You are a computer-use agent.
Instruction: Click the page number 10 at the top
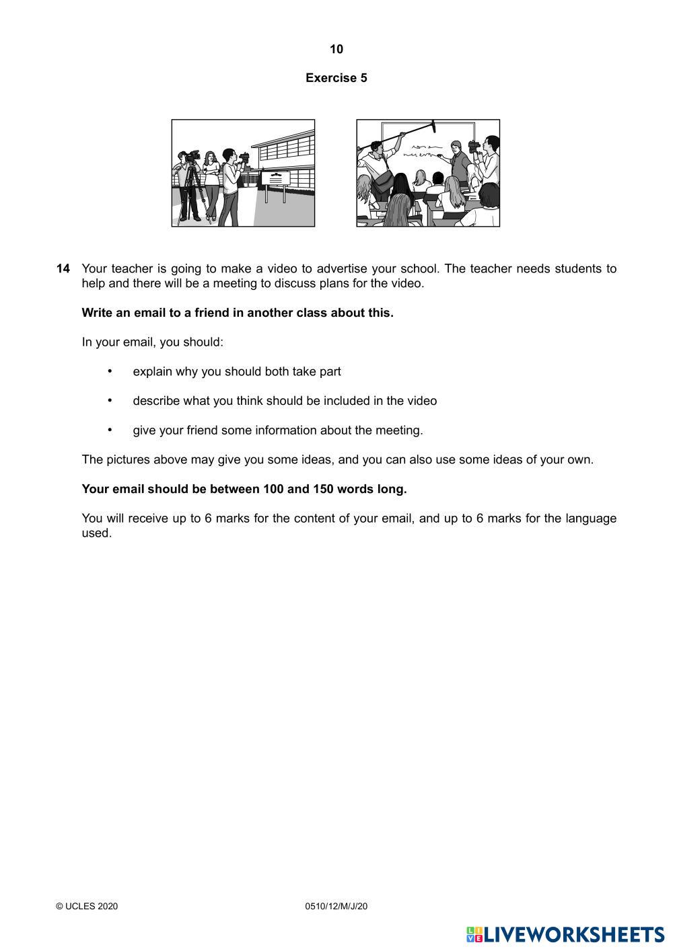[x=336, y=49]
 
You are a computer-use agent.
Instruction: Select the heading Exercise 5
[x=336, y=78]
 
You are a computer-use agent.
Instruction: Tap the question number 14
[x=63, y=269]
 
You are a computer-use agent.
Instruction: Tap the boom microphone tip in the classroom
[x=433, y=126]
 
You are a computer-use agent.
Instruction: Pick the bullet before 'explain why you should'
[x=110, y=371]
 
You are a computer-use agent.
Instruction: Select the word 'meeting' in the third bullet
[x=399, y=430]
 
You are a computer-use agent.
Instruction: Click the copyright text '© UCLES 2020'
[x=87, y=907]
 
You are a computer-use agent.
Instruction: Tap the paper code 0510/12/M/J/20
[x=336, y=907]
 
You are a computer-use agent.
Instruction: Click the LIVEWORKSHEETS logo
[x=565, y=935]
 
